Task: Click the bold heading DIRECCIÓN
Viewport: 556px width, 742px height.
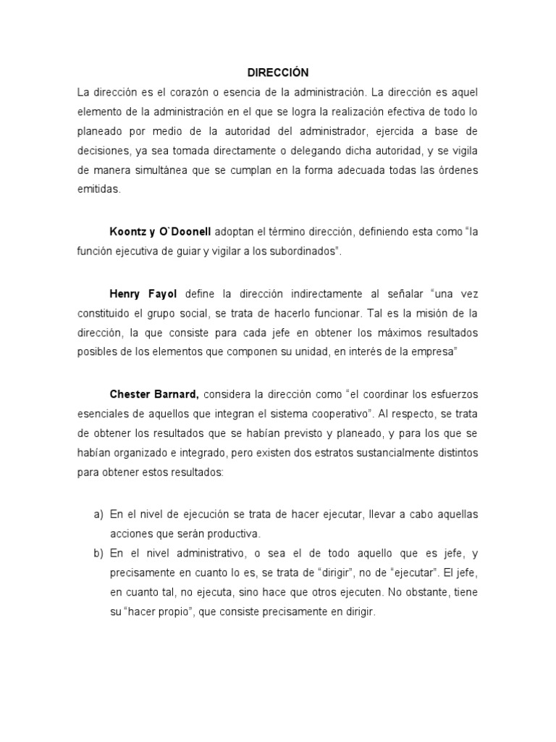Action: coord(278,72)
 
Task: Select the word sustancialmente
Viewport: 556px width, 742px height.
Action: coord(376,451)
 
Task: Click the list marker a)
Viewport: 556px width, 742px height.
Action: coord(98,514)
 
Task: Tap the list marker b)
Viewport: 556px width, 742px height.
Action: coord(98,552)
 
